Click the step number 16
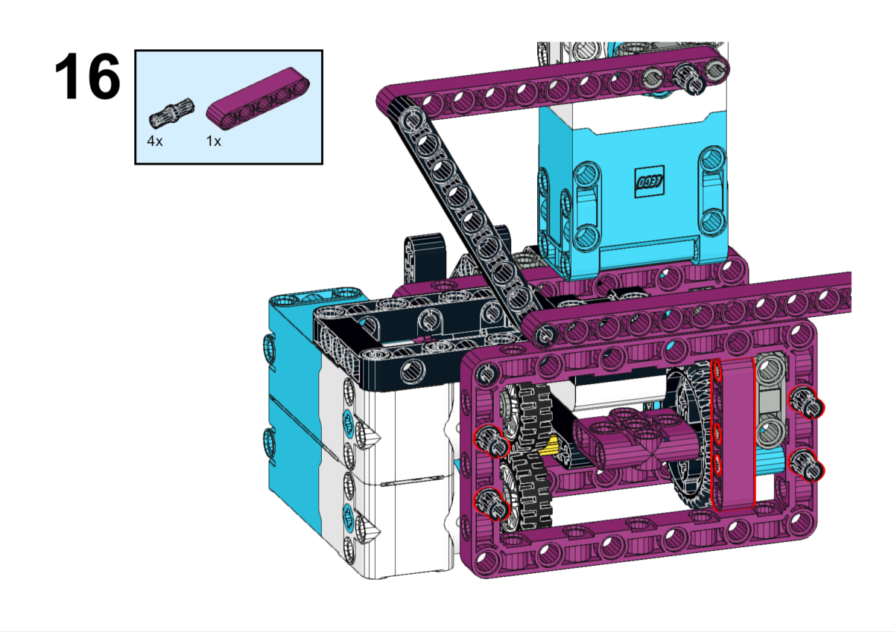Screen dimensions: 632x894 pos(87,77)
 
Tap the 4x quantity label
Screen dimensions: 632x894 pos(155,141)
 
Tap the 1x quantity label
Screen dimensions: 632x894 pos(214,141)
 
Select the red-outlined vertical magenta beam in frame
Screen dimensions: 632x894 pos(733,435)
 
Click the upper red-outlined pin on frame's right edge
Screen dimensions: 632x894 pos(808,403)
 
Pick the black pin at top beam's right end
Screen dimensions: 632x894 pos(687,75)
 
